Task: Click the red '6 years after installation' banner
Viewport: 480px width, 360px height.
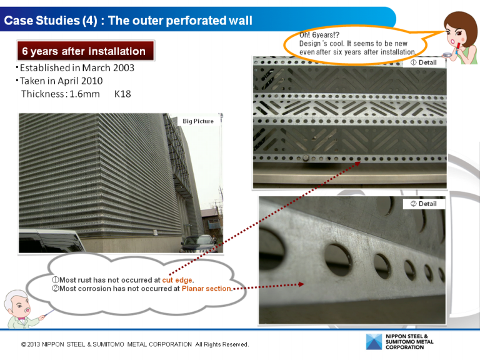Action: tap(86, 51)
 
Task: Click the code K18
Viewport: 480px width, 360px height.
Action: tap(122, 94)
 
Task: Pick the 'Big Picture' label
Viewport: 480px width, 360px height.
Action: tap(198, 121)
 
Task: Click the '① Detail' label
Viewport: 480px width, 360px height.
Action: tap(424, 62)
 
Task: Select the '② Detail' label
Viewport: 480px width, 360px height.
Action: tap(424, 204)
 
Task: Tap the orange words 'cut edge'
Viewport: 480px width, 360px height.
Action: tap(177, 280)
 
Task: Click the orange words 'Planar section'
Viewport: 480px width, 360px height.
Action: tap(206, 288)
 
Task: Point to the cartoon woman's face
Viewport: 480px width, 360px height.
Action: tap(455, 37)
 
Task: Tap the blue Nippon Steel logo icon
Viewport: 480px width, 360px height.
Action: tap(374, 342)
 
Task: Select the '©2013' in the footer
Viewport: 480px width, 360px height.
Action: tap(30, 344)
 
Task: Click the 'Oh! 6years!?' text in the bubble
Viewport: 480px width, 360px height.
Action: tap(319, 34)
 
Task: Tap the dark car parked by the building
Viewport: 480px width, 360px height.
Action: tap(199, 244)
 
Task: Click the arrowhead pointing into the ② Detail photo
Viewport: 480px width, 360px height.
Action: tap(301, 284)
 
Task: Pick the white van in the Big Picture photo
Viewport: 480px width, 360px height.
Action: tap(51, 241)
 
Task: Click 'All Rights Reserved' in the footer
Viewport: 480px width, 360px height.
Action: tap(222, 344)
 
